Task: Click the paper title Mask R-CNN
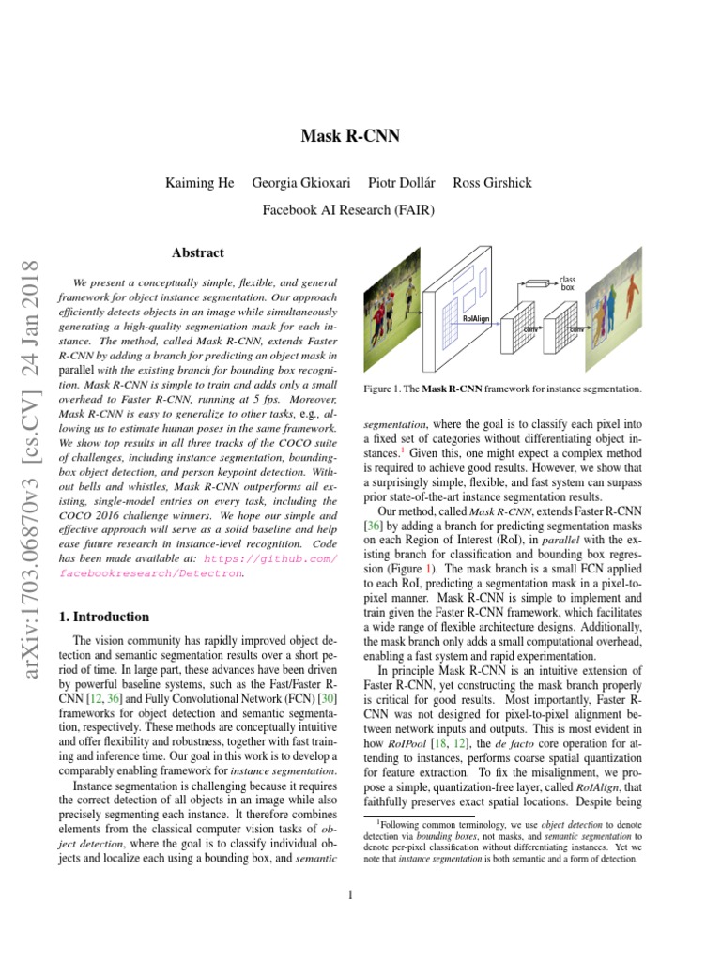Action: tap(349, 137)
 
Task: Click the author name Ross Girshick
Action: tap(492, 182)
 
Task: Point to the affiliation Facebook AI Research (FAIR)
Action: tap(348, 210)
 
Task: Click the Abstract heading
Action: tap(198, 253)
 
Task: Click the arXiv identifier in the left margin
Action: tap(27, 451)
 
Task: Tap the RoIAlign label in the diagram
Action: tap(477, 319)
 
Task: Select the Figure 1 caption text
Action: tap(502, 389)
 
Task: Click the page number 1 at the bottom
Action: tap(349, 894)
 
